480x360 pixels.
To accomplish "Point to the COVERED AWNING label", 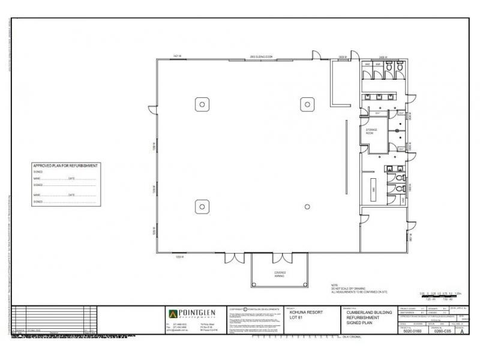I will (280, 274).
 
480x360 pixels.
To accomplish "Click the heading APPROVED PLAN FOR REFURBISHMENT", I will (65, 165).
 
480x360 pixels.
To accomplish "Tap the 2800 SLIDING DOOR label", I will (262, 57).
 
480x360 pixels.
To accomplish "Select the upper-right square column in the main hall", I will (307, 103).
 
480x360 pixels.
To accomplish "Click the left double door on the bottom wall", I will (235, 258).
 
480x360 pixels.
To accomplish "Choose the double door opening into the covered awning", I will (280, 258).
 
